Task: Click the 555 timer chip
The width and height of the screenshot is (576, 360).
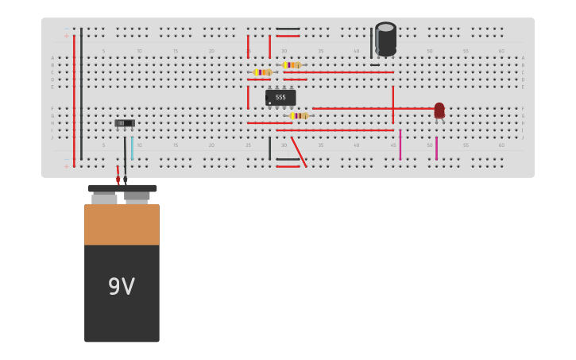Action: point(280,98)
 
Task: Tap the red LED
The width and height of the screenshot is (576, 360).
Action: point(439,110)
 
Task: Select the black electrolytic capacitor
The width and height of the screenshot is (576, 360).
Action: point(385,38)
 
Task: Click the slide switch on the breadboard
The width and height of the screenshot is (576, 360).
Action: point(125,123)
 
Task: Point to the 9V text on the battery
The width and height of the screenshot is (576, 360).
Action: point(122,287)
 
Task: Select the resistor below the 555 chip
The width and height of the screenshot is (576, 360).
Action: point(299,116)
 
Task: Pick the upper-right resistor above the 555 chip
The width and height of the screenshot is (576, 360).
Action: point(292,65)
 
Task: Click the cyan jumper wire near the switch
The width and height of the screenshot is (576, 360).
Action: point(132,147)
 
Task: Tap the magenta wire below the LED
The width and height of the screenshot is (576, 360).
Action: point(436,148)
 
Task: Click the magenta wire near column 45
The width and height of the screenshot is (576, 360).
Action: point(400,145)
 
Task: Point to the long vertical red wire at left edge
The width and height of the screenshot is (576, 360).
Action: point(74,99)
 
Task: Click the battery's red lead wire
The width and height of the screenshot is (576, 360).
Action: point(118,172)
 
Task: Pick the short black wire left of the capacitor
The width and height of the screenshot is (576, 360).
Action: point(371,41)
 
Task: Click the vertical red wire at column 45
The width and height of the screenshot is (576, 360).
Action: point(392,103)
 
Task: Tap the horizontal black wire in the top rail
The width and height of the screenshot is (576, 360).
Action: point(288,29)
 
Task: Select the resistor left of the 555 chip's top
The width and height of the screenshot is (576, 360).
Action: point(262,72)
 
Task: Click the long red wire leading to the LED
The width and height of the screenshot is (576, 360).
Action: point(373,108)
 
